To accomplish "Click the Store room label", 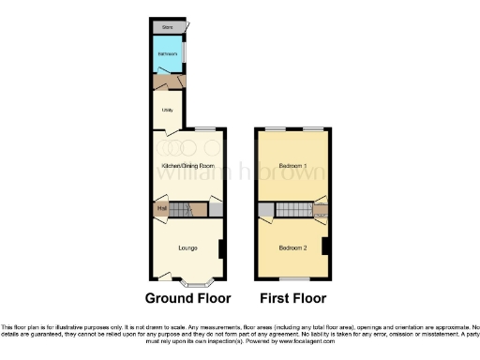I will pyautogui.click(x=169, y=28).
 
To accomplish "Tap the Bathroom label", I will pyautogui.click(x=167, y=54).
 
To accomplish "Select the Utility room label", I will pyautogui.click(x=167, y=111).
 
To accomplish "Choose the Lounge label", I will pyautogui.click(x=187, y=248).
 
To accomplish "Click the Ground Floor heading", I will pyautogui.click(x=187, y=299).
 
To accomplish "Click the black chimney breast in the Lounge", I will pyautogui.click(x=220, y=248).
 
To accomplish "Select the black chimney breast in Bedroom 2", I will pyautogui.click(x=325, y=247).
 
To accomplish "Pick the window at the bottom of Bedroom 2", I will pyautogui.click(x=293, y=278).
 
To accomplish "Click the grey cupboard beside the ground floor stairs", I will pyautogui.click(x=216, y=210).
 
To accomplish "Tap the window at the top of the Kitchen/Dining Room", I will pyautogui.click(x=204, y=128).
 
